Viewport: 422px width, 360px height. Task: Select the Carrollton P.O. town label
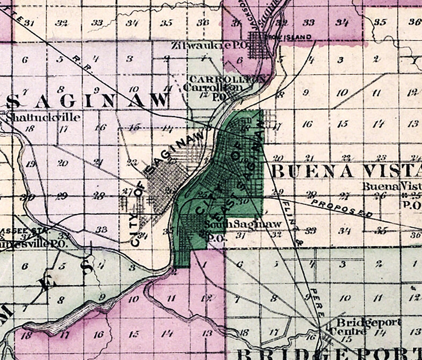pyautogui.click(x=213, y=88)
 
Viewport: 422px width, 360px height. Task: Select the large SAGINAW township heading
pyautogui.click(x=87, y=101)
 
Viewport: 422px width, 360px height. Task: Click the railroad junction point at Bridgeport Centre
pyautogui.click(x=320, y=327)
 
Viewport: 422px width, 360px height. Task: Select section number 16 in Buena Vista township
pyautogui.click(x=307, y=124)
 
